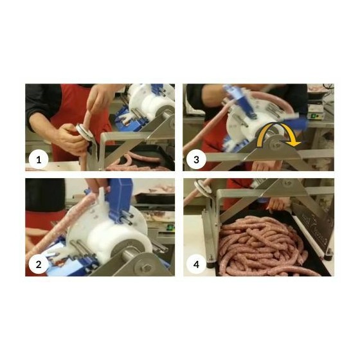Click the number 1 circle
(39, 160)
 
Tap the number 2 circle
(39, 264)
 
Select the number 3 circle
(196, 160)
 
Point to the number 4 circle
(196, 264)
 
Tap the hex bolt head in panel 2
(147, 268)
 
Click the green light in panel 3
(312, 116)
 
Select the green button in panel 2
(170, 228)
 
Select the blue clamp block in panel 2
(120, 197)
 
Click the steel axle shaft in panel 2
(131, 255)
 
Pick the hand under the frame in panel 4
(276, 204)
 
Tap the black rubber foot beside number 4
(211, 264)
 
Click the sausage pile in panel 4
(264, 246)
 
